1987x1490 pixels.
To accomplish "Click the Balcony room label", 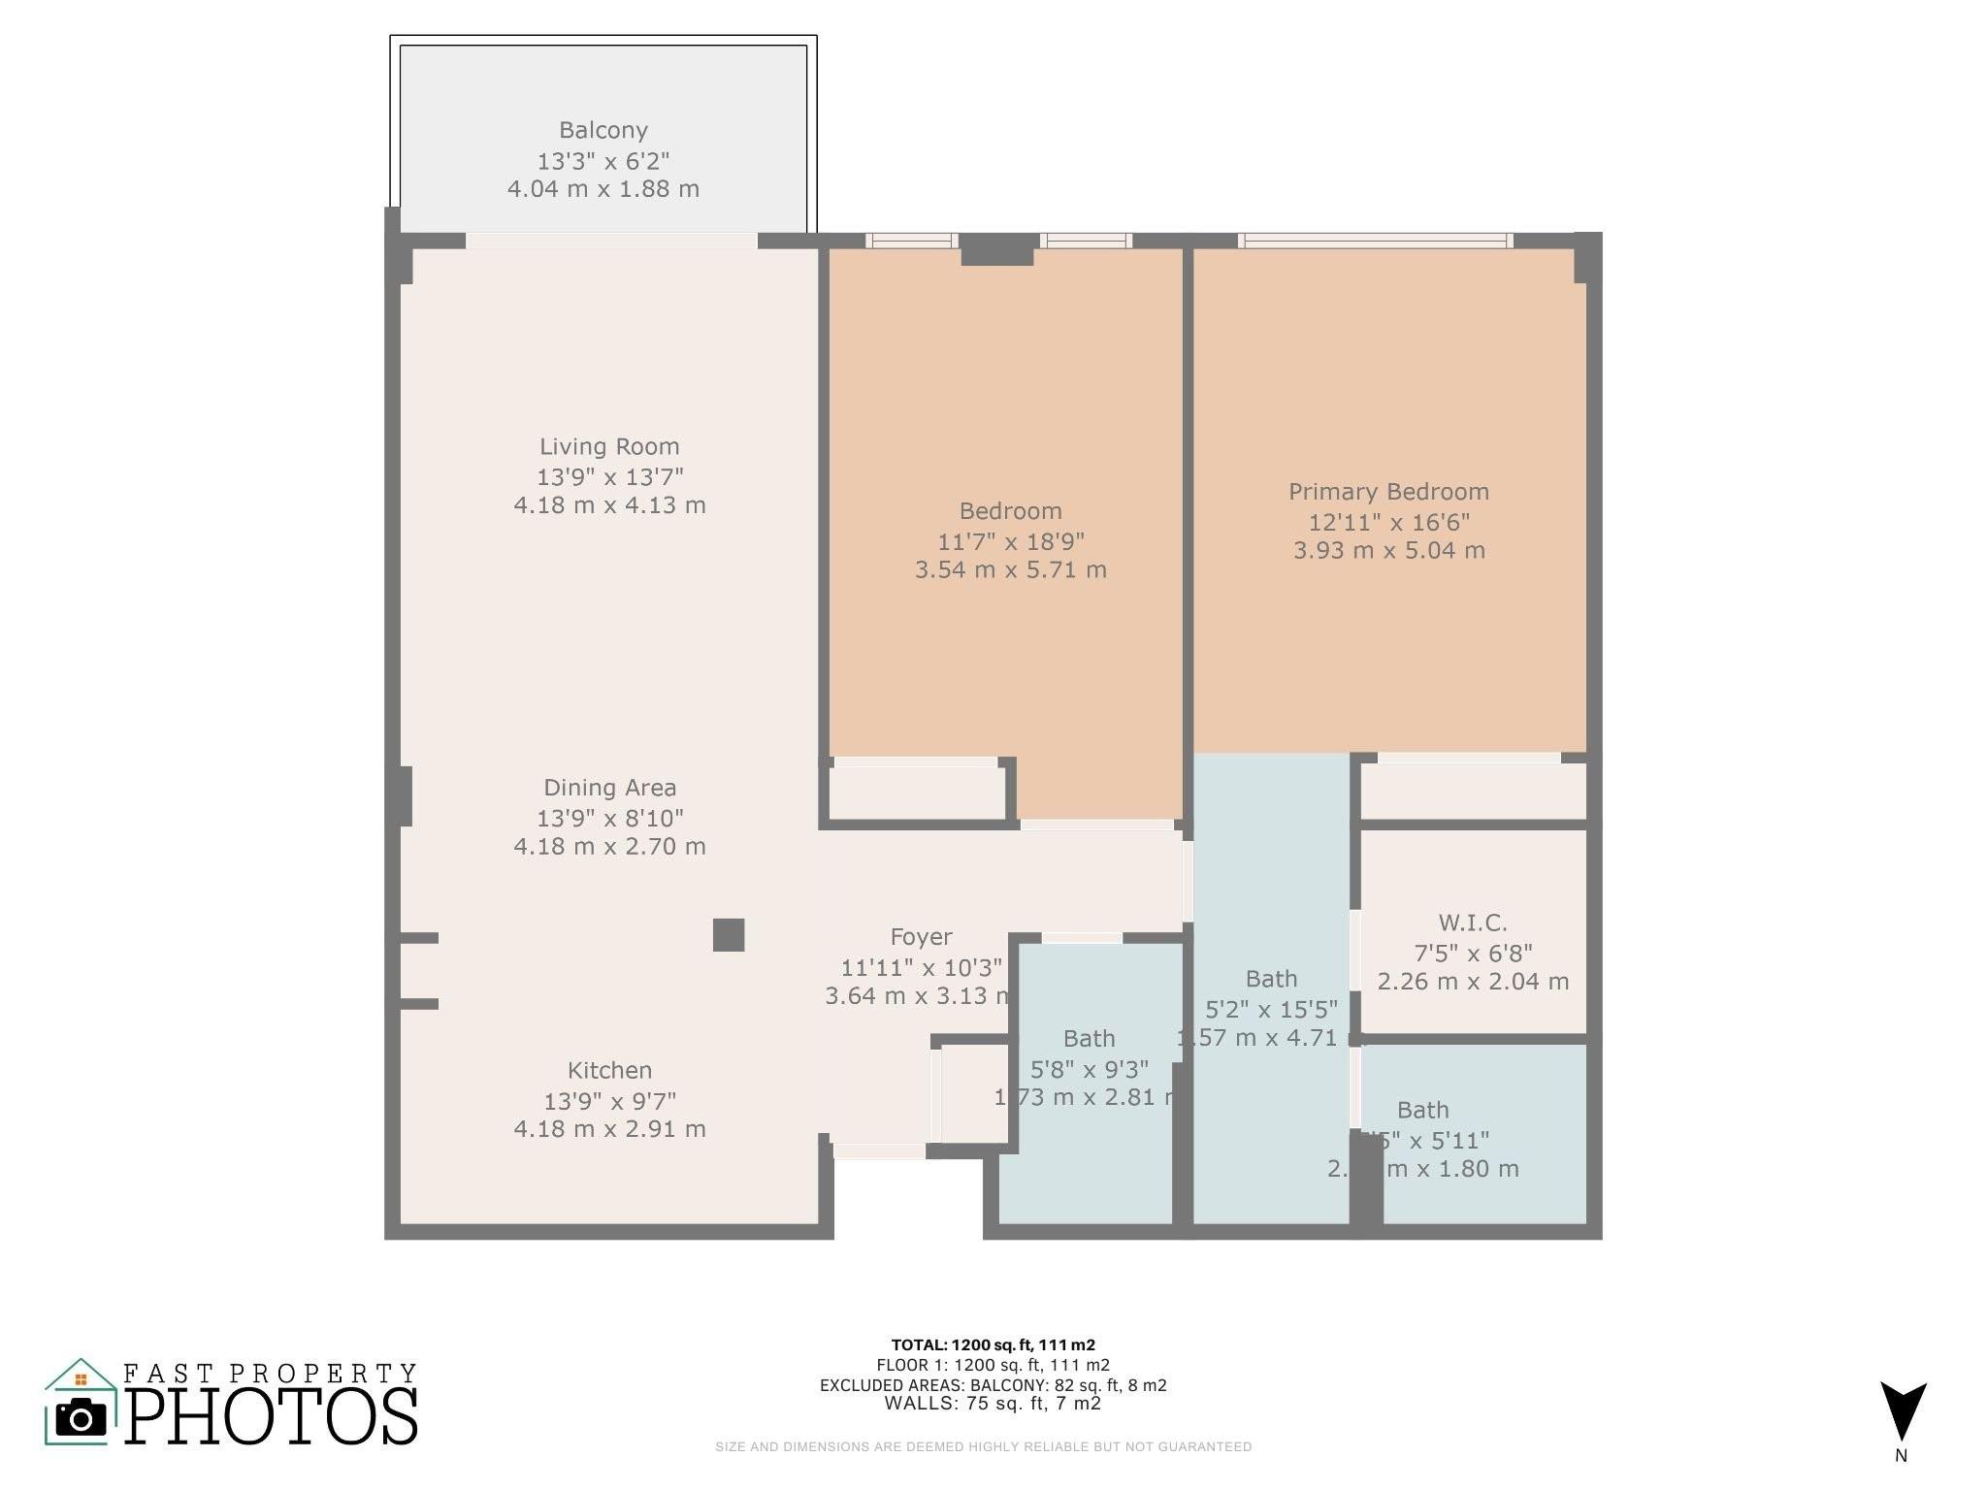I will (603, 130).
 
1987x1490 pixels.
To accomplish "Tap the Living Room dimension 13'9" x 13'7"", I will (609, 476).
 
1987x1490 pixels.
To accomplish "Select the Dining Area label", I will (609, 788).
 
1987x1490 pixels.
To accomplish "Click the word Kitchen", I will (609, 1070).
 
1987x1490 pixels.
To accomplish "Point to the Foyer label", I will (921, 937).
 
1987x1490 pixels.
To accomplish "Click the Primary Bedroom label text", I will (1388, 492).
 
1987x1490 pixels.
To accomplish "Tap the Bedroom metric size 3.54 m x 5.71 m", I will (1010, 569).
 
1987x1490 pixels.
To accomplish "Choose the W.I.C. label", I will (1472, 923).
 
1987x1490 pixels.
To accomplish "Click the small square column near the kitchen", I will (729, 935).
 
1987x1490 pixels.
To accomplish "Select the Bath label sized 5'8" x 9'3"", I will (1089, 1039).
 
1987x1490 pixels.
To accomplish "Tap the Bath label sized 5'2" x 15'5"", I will (1271, 979).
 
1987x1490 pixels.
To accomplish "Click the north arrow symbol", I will (1903, 1412).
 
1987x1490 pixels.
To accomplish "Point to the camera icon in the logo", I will (81, 1419).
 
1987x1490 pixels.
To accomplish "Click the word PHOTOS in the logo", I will (272, 1417).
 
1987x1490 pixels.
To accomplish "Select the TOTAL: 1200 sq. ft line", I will (993, 1344).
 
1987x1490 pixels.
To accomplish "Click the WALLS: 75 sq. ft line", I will (993, 1403).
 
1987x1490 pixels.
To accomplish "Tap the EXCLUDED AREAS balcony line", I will (993, 1385).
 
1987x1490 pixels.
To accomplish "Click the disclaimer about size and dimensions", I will (983, 1446).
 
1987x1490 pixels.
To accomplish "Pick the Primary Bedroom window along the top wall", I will (1375, 241).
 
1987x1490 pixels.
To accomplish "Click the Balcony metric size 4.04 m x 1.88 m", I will (603, 188).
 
